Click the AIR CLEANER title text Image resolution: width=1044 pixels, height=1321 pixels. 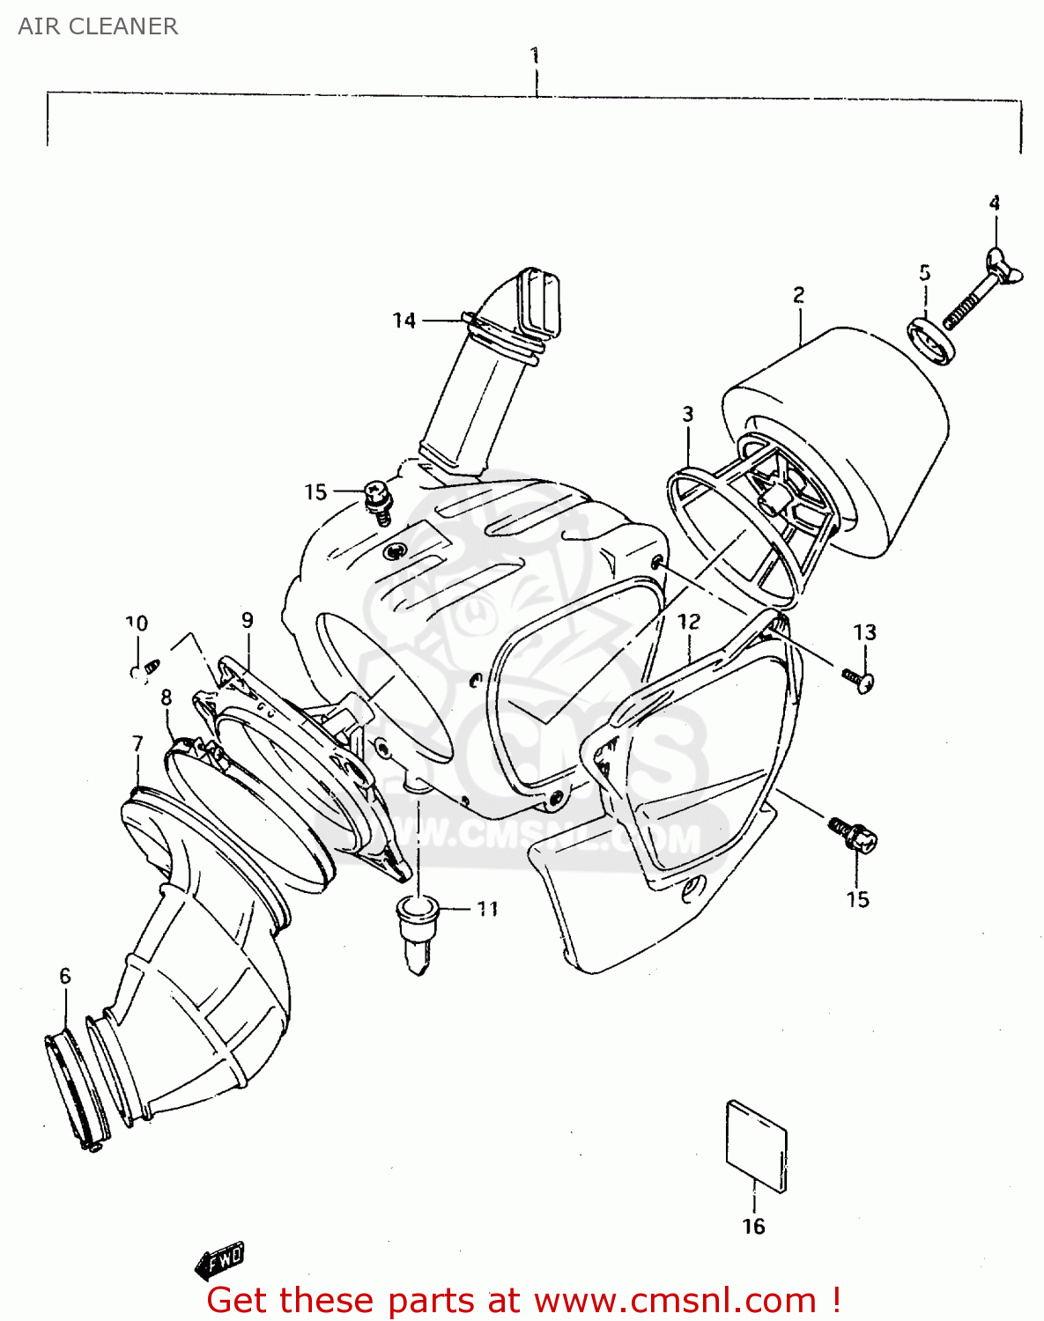click(x=98, y=26)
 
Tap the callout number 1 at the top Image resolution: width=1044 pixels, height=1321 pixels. click(x=535, y=55)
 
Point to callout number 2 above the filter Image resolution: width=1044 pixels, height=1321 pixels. click(x=798, y=295)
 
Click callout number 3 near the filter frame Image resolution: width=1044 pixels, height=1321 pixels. click(x=687, y=414)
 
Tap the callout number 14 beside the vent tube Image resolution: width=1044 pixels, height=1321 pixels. click(x=404, y=321)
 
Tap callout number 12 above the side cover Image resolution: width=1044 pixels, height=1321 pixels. click(x=688, y=622)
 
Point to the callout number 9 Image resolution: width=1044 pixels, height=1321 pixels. click(x=247, y=621)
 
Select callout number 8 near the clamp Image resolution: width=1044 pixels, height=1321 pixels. click(x=166, y=697)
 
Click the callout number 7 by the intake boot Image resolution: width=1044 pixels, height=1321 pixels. click(x=137, y=744)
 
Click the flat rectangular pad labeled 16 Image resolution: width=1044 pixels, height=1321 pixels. click(x=756, y=1145)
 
